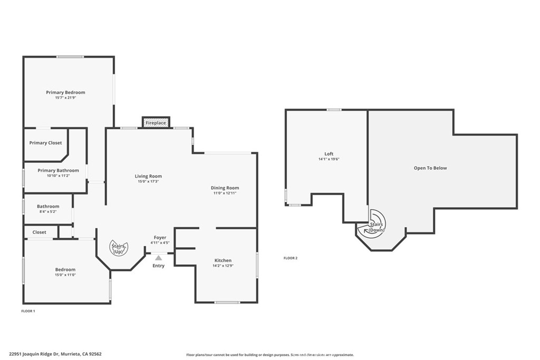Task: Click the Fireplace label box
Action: [x=156, y=122]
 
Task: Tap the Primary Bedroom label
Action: [x=65, y=92]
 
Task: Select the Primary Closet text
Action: [x=45, y=143]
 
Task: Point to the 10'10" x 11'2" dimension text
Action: [x=58, y=176]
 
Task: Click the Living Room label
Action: [x=148, y=176]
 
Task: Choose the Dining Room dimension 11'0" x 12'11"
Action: [x=225, y=193]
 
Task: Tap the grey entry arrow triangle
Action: [x=158, y=257]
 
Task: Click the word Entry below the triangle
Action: [x=158, y=266]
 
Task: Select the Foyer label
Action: [x=160, y=238]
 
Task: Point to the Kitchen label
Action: [x=223, y=260]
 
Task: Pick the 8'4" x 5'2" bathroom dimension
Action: [x=48, y=212]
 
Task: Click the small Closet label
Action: [x=39, y=232]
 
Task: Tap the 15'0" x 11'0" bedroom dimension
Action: [x=65, y=275]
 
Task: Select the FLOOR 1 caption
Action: [x=28, y=311]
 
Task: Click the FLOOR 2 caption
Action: [x=291, y=258]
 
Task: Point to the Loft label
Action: [x=329, y=154]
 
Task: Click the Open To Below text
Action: [x=430, y=168]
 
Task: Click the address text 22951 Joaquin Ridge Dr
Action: [x=39, y=354]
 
